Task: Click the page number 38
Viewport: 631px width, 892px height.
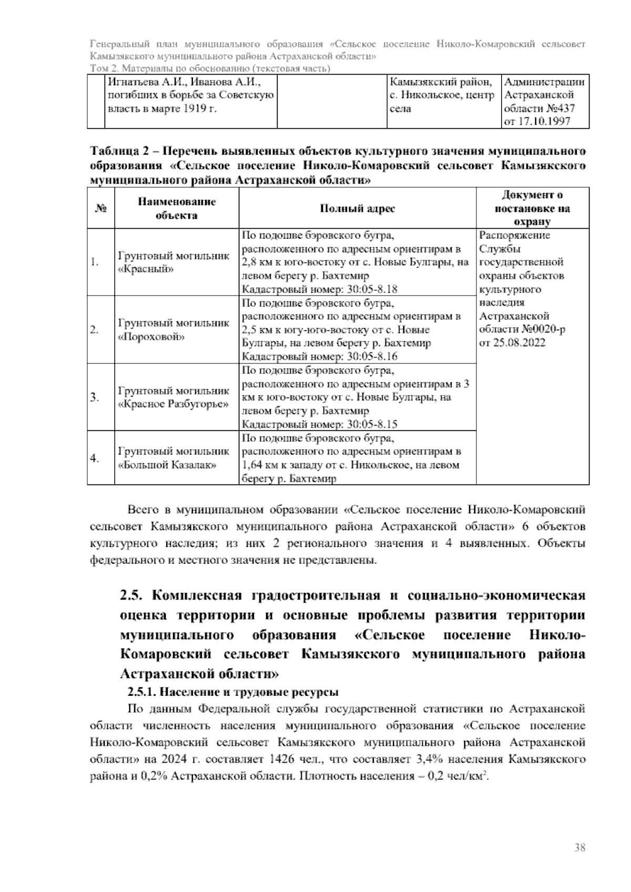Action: click(x=580, y=848)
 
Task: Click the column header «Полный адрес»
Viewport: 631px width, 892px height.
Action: click(x=358, y=208)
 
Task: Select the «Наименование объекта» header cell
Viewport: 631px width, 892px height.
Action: click(x=177, y=208)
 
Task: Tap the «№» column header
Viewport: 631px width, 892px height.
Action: click(x=101, y=208)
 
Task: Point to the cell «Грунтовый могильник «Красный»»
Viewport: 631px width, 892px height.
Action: click(x=174, y=262)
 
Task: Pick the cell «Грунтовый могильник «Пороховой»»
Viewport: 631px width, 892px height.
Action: click(x=174, y=330)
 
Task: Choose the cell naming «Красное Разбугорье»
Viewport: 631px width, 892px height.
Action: click(x=174, y=398)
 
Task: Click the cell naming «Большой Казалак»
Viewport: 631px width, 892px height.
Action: click(x=174, y=458)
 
